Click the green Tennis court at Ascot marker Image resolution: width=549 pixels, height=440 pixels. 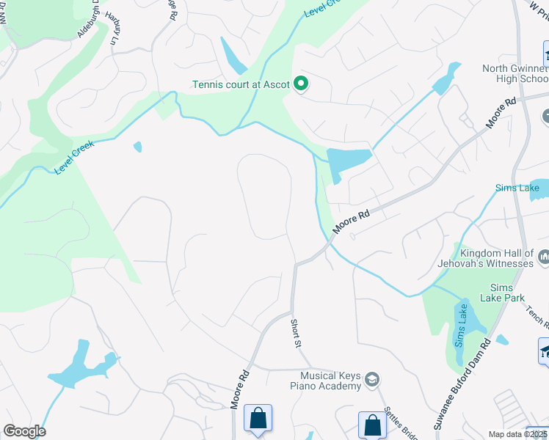point(300,84)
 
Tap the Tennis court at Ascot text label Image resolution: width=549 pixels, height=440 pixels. point(241,84)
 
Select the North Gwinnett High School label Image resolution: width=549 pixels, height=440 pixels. point(515,73)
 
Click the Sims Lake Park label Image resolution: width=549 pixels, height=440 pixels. point(502,293)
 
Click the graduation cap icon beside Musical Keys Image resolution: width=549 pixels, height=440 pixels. point(373,379)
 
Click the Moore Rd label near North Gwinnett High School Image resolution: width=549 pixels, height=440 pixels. point(501,112)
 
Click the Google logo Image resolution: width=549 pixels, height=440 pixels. point(24,431)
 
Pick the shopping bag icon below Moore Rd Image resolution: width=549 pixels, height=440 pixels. point(258,420)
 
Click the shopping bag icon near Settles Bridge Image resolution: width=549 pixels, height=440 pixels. point(372,426)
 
